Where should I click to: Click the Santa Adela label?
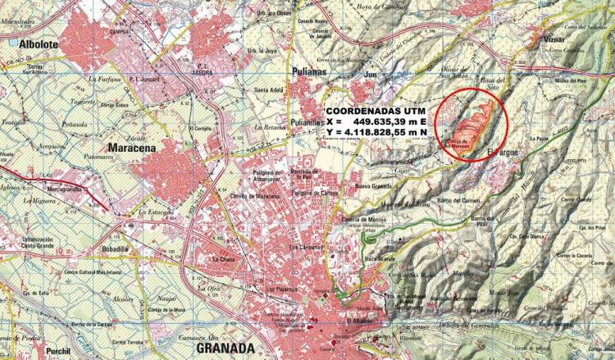(x=269, y=89)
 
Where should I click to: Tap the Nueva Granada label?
(x=370, y=187)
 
